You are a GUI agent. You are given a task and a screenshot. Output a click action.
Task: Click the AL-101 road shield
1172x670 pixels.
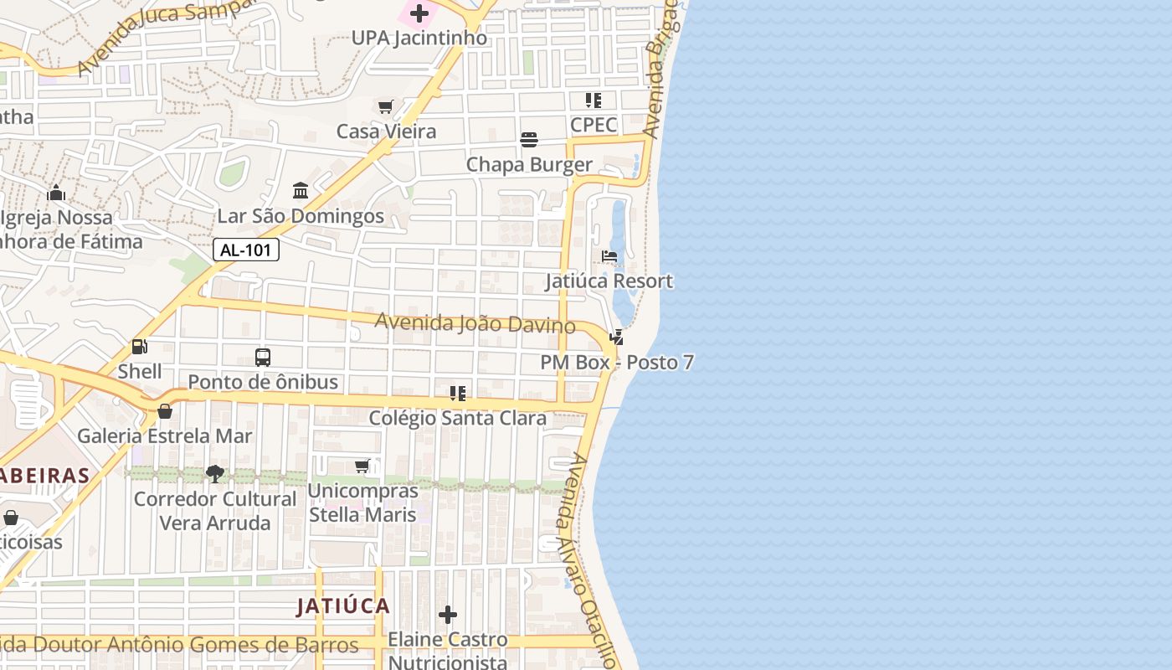(x=245, y=250)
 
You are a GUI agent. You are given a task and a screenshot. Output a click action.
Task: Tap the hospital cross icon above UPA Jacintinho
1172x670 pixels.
(x=419, y=13)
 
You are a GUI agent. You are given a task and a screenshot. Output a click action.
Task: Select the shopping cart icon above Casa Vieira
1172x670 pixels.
(x=385, y=106)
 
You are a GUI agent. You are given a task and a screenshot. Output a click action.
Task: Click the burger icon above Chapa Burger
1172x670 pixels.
(x=529, y=139)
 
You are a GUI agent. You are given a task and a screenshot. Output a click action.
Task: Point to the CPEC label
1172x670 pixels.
(x=594, y=125)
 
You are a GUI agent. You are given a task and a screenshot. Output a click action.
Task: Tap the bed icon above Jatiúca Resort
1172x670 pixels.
(x=609, y=256)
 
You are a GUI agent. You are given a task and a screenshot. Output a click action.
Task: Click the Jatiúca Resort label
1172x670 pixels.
(x=609, y=281)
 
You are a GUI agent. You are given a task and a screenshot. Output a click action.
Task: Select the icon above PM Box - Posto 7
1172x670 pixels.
(x=617, y=338)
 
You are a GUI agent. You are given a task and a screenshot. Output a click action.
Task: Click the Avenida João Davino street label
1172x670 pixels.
(x=475, y=323)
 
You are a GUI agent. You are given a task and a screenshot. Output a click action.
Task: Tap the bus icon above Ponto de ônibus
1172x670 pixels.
(x=263, y=358)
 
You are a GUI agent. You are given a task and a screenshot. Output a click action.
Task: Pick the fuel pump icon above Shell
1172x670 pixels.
(x=140, y=347)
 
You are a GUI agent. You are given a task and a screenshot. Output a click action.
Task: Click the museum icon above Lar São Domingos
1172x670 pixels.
(x=301, y=191)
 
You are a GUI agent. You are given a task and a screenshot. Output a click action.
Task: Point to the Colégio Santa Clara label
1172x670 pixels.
(x=458, y=418)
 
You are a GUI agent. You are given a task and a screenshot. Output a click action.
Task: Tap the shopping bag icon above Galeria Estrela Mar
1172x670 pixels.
(x=165, y=411)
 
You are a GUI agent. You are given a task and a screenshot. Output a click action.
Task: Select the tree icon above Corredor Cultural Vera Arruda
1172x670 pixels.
(x=215, y=474)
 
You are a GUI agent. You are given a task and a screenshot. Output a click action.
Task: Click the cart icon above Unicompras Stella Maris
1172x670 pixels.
(x=362, y=466)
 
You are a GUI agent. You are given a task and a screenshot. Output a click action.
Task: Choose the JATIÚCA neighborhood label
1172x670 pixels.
(x=343, y=606)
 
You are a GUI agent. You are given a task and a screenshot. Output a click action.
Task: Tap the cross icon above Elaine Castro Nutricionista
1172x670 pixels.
(x=448, y=615)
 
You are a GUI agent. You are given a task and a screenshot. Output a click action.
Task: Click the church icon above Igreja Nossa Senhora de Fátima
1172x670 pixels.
(x=56, y=193)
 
